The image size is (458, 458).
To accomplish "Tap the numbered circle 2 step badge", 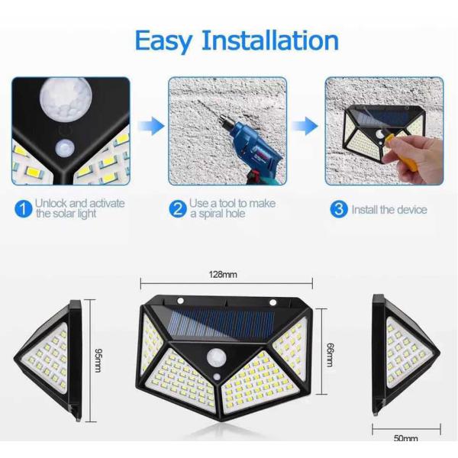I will [x=178, y=208].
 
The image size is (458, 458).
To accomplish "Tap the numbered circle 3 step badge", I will [x=338, y=208].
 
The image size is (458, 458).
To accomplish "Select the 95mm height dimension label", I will [x=99, y=356].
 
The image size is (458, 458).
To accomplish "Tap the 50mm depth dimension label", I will [x=405, y=438].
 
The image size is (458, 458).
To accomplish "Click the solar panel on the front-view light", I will [x=224, y=322].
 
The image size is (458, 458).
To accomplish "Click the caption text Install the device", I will [x=389, y=209].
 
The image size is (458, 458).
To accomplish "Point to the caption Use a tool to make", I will [x=232, y=203].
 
